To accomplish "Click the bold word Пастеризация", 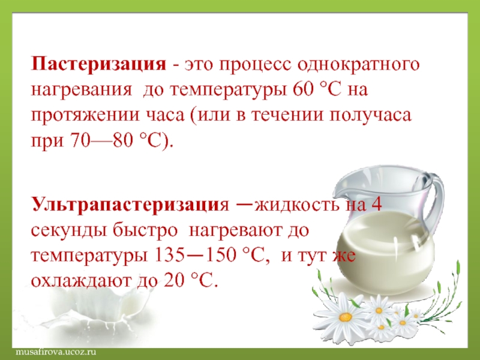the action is tap(98, 65).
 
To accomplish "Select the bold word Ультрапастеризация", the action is tap(130, 205).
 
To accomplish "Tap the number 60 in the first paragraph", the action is tap(302, 89).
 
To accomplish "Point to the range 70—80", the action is tap(103, 140).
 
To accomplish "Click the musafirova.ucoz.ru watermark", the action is tap(56, 352).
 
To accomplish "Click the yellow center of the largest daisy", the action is tap(346, 316).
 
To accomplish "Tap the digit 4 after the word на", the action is tap(376, 204).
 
